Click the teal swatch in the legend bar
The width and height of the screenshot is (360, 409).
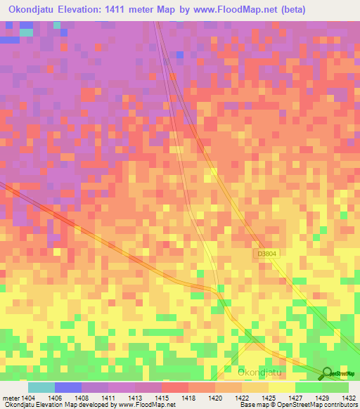41,387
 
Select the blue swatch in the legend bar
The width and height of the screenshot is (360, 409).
67,387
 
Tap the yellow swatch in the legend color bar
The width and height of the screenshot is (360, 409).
281,387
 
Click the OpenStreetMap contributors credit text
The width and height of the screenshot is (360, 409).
317,405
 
